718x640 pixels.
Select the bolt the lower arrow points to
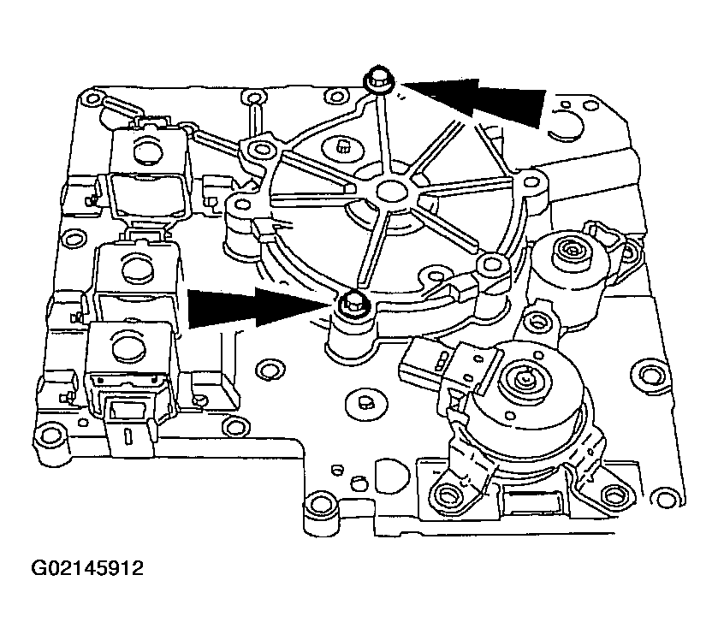pyautogui.click(x=351, y=302)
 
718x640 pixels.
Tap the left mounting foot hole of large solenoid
pyautogui.click(x=447, y=494)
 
